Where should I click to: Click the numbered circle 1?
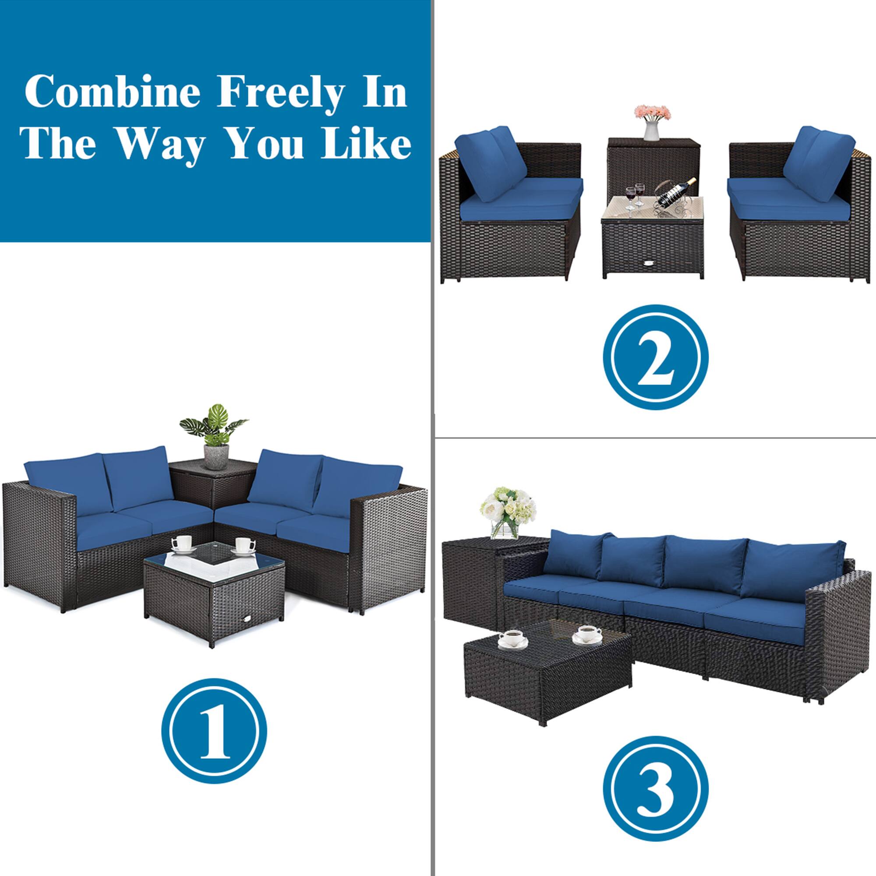(214, 731)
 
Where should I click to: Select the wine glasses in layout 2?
(634, 195)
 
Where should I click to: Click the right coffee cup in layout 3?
(587, 634)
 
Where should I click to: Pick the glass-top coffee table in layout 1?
(214, 590)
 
